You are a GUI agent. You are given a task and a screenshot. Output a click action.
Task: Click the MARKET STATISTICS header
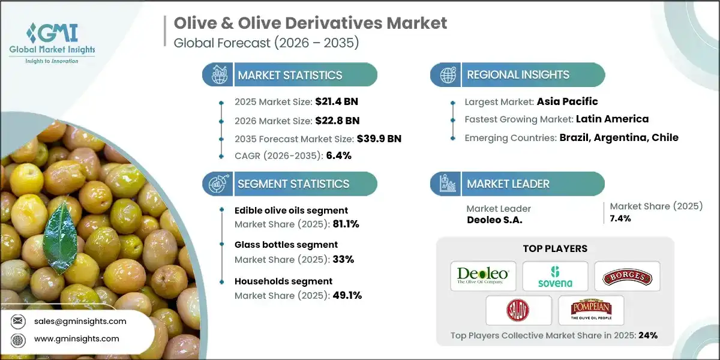point(290,75)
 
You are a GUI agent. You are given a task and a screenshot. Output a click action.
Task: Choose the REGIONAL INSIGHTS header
point(518,75)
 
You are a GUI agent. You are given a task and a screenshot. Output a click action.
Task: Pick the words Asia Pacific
point(567,101)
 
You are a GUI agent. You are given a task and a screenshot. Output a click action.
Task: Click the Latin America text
point(612,119)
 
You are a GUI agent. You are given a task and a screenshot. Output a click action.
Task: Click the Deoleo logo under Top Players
point(483,276)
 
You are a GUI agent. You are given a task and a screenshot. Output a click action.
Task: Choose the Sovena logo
point(555,276)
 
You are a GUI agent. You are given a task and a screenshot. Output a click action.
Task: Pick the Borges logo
point(627,276)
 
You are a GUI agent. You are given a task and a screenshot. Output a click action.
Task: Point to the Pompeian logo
point(591,310)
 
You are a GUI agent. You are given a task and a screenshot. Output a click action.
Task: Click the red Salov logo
point(519,310)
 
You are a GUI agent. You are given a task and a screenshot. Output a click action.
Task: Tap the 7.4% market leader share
point(620,218)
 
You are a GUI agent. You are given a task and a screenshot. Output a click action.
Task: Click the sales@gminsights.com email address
point(80,321)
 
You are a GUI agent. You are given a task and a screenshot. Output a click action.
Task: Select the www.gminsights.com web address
point(77,339)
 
